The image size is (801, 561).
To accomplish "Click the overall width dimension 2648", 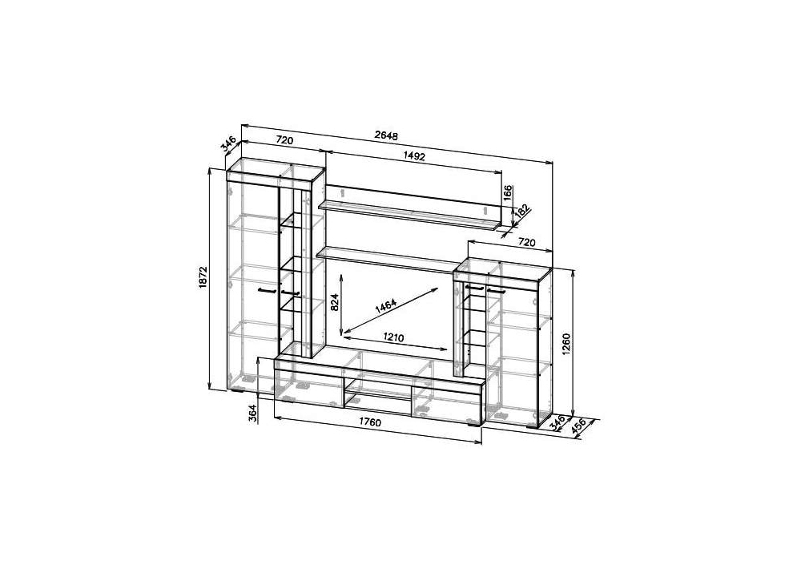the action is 386,135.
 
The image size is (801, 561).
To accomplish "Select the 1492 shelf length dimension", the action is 414,156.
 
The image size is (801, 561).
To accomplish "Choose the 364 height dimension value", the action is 253,413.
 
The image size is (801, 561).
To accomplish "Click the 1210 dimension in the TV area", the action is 393,337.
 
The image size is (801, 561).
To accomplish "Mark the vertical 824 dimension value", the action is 335,302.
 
